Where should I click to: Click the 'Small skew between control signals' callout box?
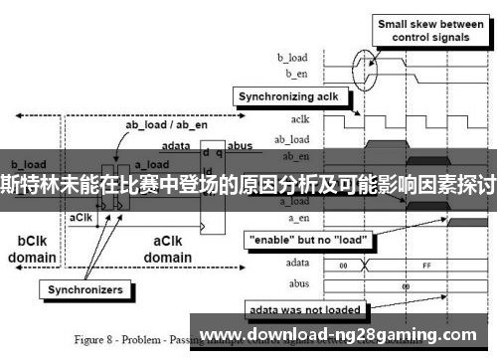tap(430, 31)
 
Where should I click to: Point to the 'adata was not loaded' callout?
tap(303, 308)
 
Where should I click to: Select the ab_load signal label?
tap(292, 138)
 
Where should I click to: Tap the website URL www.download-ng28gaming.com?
tap(344, 333)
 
